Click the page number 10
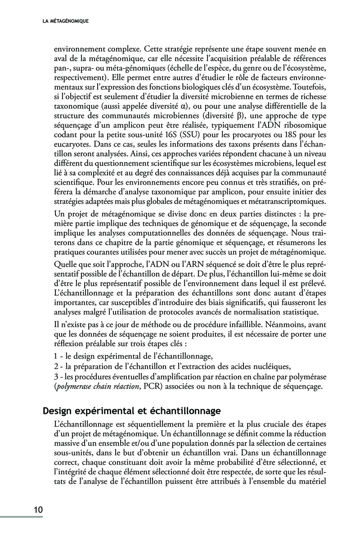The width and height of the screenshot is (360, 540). point(37,510)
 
